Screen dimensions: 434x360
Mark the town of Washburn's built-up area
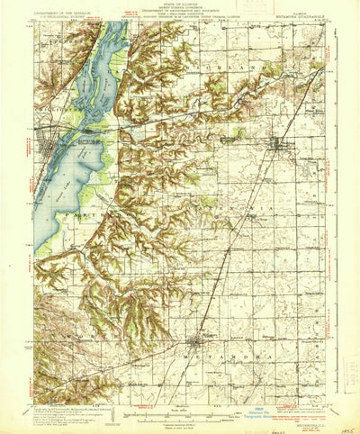click(x=279, y=143)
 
